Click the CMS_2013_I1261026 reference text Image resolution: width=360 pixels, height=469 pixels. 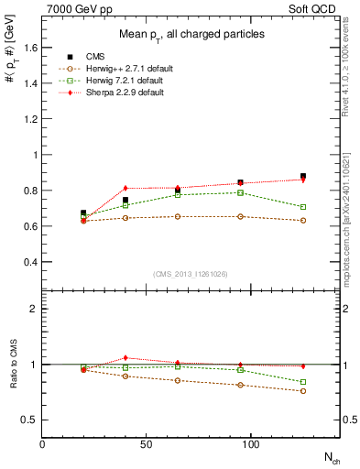pyautogui.click(x=191, y=273)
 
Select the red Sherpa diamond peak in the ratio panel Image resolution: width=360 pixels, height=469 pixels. pyautogui.click(x=125, y=357)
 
